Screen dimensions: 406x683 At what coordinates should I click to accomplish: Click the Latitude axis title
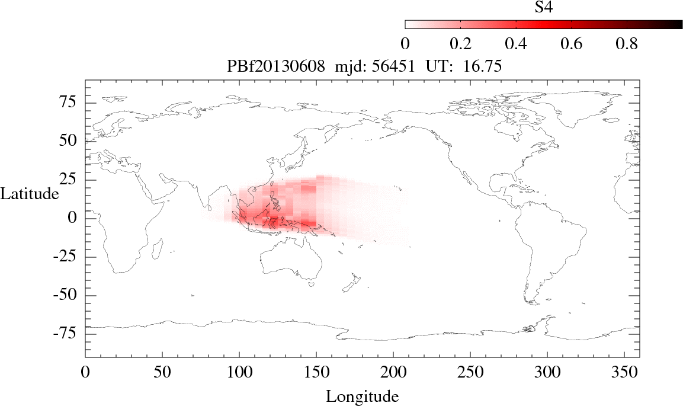[30, 193]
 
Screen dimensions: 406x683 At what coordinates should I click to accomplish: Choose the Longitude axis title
[362, 396]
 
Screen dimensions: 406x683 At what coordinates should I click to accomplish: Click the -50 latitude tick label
[66, 295]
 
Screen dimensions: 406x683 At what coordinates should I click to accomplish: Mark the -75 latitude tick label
[66, 334]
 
